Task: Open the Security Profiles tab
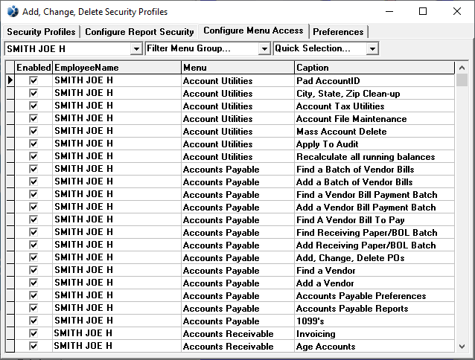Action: [x=41, y=32]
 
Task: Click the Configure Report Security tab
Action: [x=139, y=32]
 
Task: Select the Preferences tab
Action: [x=338, y=32]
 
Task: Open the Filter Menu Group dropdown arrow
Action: [x=264, y=49]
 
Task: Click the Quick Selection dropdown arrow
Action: [x=372, y=49]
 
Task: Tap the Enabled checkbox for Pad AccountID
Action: [x=34, y=80]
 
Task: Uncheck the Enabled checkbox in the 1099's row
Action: [x=34, y=321]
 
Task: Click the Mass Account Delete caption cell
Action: [x=341, y=131]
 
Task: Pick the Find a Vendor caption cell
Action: [x=326, y=271]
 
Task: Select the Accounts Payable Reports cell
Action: [x=352, y=309]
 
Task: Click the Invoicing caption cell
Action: [x=316, y=334]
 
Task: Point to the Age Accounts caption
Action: [x=326, y=347]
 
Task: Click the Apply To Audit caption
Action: [x=328, y=144]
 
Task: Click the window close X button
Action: [x=457, y=11]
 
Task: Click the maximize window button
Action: [x=423, y=11]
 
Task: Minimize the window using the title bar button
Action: [x=389, y=11]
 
